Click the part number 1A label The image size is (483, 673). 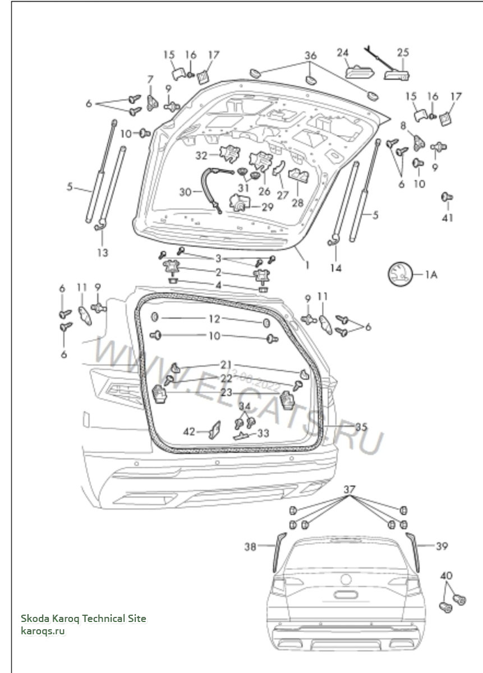pyautogui.click(x=430, y=274)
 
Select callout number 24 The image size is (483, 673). pyautogui.click(x=343, y=53)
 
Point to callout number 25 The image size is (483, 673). pyautogui.click(x=403, y=53)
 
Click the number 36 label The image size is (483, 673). pyautogui.click(x=310, y=56)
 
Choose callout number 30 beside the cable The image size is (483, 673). pyautogui.click(x=186, y=191)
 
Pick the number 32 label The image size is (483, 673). pyautogui.click(x=201, y=155)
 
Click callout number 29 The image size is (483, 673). pyautogui.click(x=268, y=207)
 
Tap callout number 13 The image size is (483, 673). pyautogui.click(x=102, y=252)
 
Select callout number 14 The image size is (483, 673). pyautogui.click(x=335, y=268)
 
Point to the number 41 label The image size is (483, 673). pyautogui.click(x=447, y=218)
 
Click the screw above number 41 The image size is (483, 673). pyautogui.click(x=447, y=197)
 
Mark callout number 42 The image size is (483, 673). pyautogui.click(x=189, y=431)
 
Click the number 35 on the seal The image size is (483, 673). pyautogui.click(x=361, y=427)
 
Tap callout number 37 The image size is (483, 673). pyautogui.click(x=349, y=490)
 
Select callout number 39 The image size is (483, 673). pyautogui.click(x=441, y=546)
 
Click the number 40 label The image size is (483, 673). pyautogui.click(x=446, y=575)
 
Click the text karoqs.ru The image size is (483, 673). pyautogui.click(x=43, y=631)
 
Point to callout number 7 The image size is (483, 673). pyautogui.click(x=150, y=79)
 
